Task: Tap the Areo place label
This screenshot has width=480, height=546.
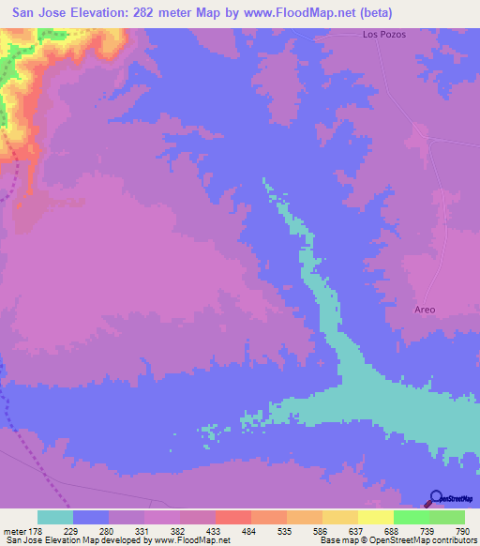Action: click(425, 309)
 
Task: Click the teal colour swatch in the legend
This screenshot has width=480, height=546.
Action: click(55, 517)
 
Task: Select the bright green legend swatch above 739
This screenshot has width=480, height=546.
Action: click(411, 517)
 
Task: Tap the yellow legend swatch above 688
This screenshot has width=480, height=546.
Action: click(375, 517)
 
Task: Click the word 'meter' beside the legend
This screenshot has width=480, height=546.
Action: click(17, 531)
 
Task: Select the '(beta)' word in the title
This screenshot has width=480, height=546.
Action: click(373, 13)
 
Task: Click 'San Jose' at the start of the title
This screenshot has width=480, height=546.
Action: click(36, 13)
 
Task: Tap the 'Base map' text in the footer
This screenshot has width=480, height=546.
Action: click(341, 541)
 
